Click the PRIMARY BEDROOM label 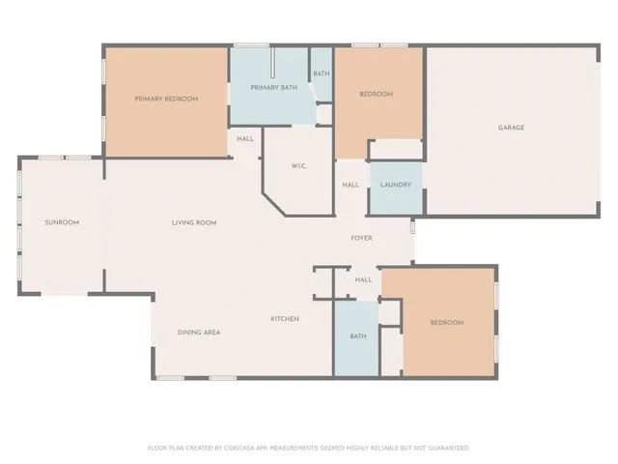click(166, 99)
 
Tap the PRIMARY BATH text click(273, 88)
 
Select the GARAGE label click(511, 128)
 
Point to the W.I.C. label click(298, 166)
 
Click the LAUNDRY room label click(396, 185)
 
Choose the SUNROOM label click(62, 222)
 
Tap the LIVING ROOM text click(194, 222)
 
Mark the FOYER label click(361, 238)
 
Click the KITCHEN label click(285, 319)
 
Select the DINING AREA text click(199, 333)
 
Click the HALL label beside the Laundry click(351, 185)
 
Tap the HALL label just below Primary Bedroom click(245, 139)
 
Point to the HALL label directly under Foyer click(363, 280)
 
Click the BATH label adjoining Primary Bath click(321, 73)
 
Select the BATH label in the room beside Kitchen click(357, 336)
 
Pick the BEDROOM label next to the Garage click(376, 94)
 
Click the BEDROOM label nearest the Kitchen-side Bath click(446, 323)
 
